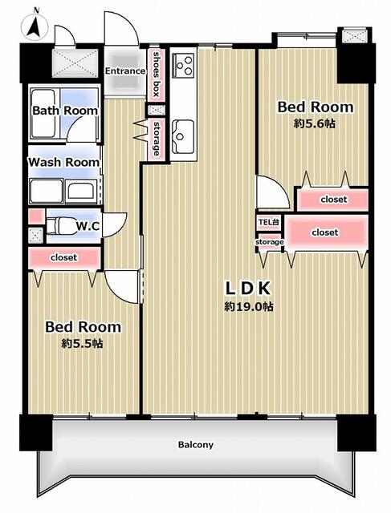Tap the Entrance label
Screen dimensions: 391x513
[125, 71]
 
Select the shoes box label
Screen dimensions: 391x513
[156, 75]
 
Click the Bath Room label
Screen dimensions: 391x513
[65, 111]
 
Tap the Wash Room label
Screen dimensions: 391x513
[63, 162]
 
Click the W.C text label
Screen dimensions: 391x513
[88, 226]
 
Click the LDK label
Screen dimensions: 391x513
[248, 289]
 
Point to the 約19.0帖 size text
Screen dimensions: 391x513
[249, 306]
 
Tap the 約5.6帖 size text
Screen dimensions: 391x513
[315, 123]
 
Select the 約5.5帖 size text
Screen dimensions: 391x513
[82, 344]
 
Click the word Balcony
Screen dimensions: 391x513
[196, 445]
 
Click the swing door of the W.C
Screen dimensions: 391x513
[115, 225]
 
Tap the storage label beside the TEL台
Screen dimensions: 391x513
[270, 242]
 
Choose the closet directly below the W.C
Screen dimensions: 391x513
[64, 258]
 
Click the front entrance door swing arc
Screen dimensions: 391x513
[120, 29]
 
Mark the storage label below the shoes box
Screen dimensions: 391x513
[157, 139]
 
